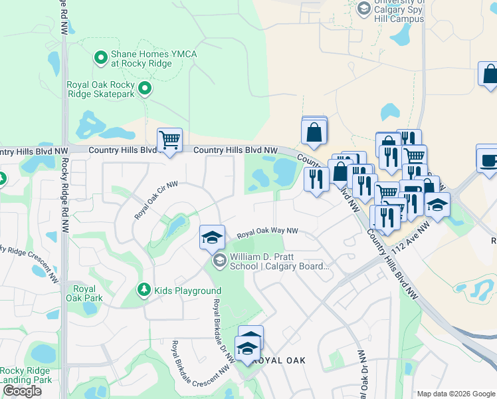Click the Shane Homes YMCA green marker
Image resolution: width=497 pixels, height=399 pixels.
tap(101, 59)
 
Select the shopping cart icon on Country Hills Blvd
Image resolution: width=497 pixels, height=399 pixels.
tap(169, 140)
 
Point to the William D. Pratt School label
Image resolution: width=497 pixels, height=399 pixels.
tap(279, 262)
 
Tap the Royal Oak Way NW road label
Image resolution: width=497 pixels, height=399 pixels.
tap(266, 233)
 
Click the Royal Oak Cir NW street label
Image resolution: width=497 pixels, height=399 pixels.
tap(157, 200)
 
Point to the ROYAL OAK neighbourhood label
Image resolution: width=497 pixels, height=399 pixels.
tap(279, 360)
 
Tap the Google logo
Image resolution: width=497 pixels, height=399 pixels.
tap(22, 391)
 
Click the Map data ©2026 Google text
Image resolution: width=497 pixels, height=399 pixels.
tap(455, 394)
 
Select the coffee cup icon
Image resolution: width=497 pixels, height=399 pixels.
tap(488, 160)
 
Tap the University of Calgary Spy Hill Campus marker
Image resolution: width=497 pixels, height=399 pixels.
tap(364, 8)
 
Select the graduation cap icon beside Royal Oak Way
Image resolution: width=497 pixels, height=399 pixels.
tap(212, 237)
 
